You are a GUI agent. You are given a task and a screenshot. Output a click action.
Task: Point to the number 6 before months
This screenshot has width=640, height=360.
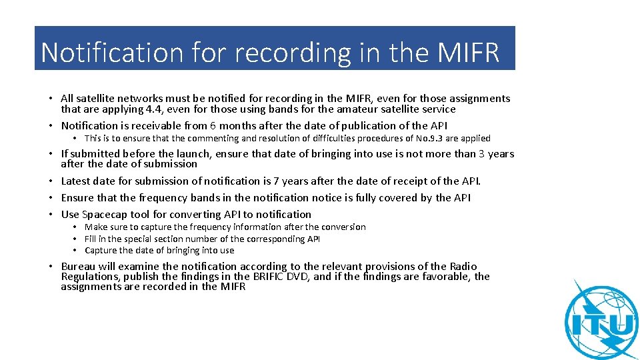(x=213, y=126)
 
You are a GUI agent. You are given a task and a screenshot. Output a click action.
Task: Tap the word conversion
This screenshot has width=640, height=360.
(x=343, y=227)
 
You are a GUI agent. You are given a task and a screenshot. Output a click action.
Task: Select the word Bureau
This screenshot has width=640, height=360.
(x=79, y=267)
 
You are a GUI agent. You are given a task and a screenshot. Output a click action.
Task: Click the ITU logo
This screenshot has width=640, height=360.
(x=601, y=321)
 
